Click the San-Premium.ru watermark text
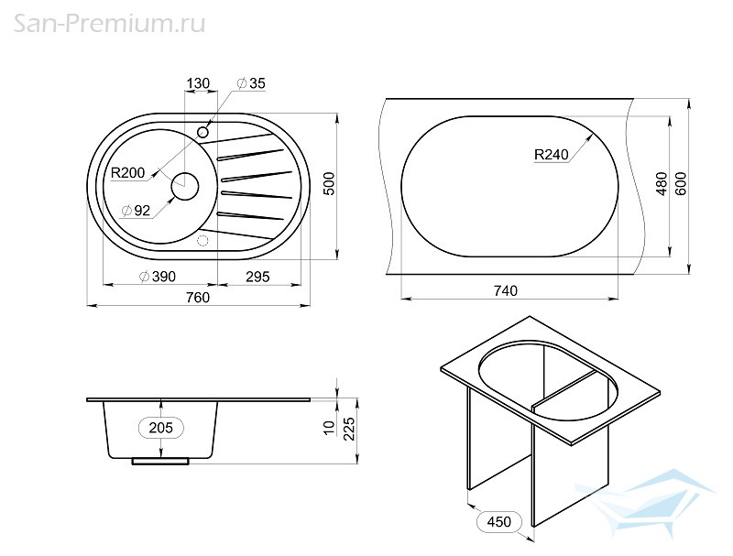point(109,24)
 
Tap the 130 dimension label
point(198,83)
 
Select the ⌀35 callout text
point(251,83)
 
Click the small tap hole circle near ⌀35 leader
point(202,132)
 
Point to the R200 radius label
point(127,173)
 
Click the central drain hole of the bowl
point(185,187)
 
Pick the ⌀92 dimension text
point(136,211)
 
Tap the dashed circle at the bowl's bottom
point(202,241)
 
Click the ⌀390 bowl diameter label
point(158,277)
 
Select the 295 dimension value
point(257,277)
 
